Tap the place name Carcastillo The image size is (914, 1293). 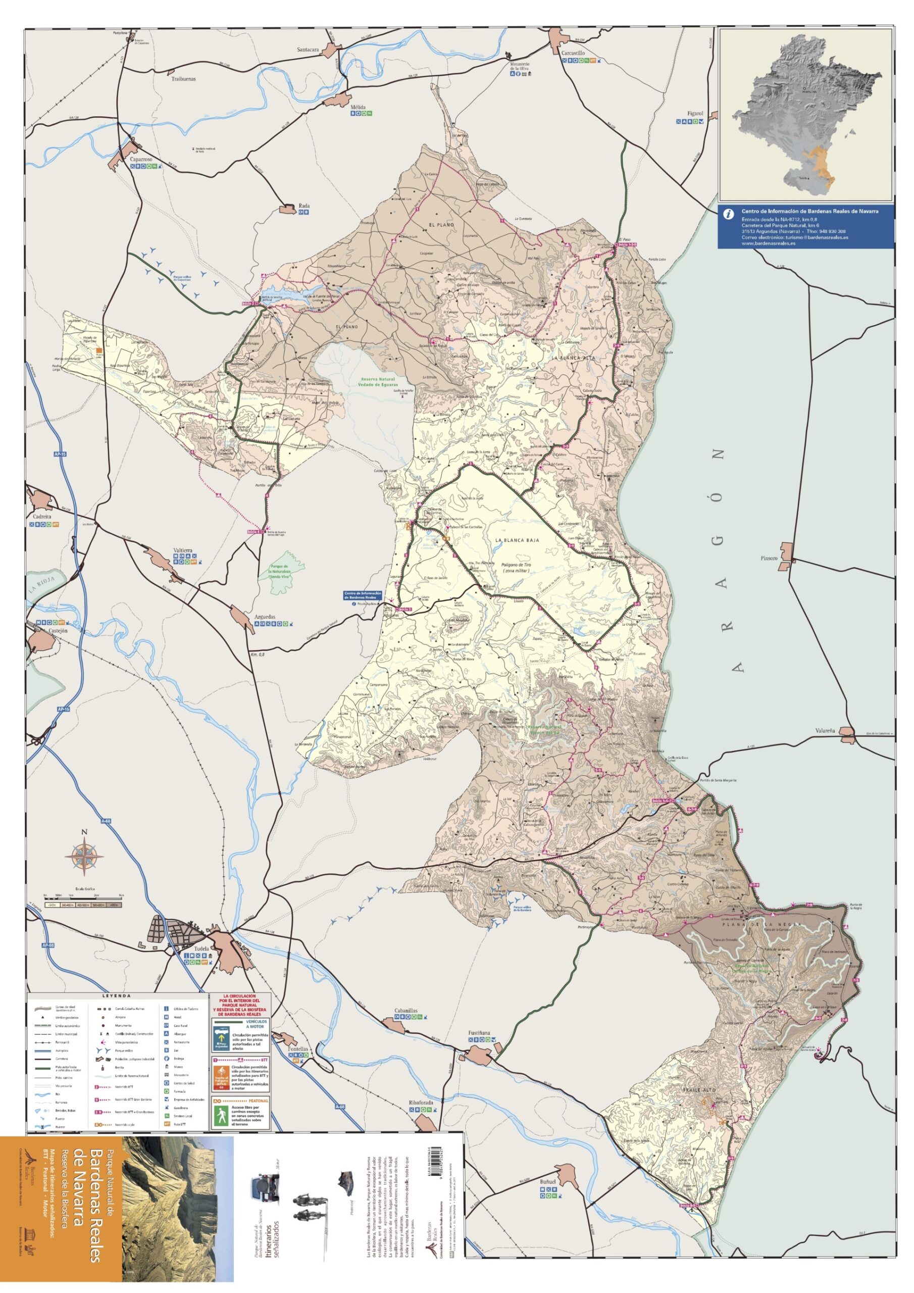click(x=573, y=53)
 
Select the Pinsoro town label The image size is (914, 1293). click(x=769, y=559)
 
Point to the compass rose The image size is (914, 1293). click(x=84, y=857)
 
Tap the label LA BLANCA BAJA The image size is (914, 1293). click(x=517, y=540)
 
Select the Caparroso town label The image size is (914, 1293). click(x=141, y=160)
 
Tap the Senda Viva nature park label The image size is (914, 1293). click(x=279, y=572)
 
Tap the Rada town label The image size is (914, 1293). click(x=304, y=206)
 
